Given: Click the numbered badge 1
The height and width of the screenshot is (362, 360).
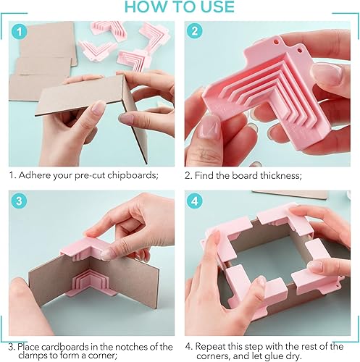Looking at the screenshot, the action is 19,32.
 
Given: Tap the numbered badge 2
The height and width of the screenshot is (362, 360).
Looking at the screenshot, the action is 194,31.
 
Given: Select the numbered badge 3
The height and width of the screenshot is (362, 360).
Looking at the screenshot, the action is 19,201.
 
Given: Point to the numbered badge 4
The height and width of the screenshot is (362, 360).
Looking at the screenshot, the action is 194,201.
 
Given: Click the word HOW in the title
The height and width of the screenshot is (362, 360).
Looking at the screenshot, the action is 143,7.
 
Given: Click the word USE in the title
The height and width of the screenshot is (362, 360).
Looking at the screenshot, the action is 217,7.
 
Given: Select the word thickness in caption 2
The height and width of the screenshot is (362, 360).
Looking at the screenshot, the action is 277,175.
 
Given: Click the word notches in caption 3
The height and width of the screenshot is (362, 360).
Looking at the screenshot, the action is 130,347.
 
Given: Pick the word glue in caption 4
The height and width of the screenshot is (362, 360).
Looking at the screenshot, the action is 273,356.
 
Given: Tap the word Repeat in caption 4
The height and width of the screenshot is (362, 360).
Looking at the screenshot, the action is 210,347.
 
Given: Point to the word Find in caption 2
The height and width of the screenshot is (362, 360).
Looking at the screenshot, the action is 204,175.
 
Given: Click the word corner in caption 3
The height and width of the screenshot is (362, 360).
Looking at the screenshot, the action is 102,355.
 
